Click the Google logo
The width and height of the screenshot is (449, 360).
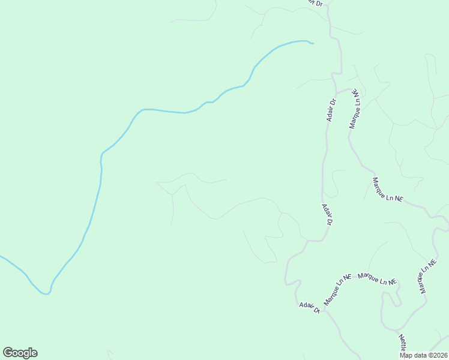[20, 353]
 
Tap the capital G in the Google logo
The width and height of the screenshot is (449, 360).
[8, 353]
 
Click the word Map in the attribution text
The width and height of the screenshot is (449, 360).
[406, 355]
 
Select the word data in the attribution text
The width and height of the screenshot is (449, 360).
[420, 355]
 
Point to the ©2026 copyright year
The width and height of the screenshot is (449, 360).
[438, 355]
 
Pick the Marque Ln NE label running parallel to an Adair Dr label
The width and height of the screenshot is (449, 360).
[356, 109]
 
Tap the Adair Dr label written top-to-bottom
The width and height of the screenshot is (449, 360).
[327, 214]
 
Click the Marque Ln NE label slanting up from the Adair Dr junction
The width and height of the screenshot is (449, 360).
[337, 289]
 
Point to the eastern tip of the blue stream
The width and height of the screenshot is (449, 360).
[313, 43]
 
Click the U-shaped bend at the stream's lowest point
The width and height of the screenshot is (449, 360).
[46, 293]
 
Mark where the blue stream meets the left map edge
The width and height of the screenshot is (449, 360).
[1, 257]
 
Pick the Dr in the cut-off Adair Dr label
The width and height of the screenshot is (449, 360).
[320, 3]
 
